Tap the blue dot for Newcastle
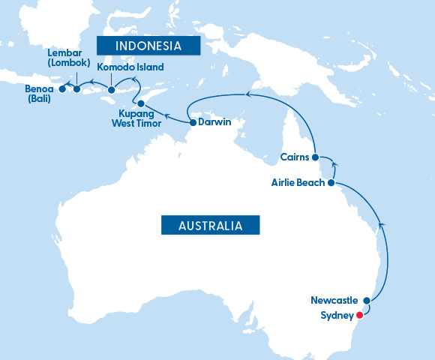(x=367, y=301)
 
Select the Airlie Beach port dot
(x=331, y=182)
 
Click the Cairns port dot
(x=315, y=157)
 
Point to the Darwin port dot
(x=193, y=122)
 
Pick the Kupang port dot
(x=141, y=103)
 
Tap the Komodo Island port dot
(x=112, y=91)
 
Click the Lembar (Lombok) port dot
(x=76, y=89)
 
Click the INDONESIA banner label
(x=149, y=46)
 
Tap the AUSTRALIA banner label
(x=210, y=225)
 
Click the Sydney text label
(x=335, y=316)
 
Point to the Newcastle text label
(x=334, y=301)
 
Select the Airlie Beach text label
(x=297, y=182)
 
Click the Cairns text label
(x=294, y=157)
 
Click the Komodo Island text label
(x=130, y=67)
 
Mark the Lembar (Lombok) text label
(x=68, y=58)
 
